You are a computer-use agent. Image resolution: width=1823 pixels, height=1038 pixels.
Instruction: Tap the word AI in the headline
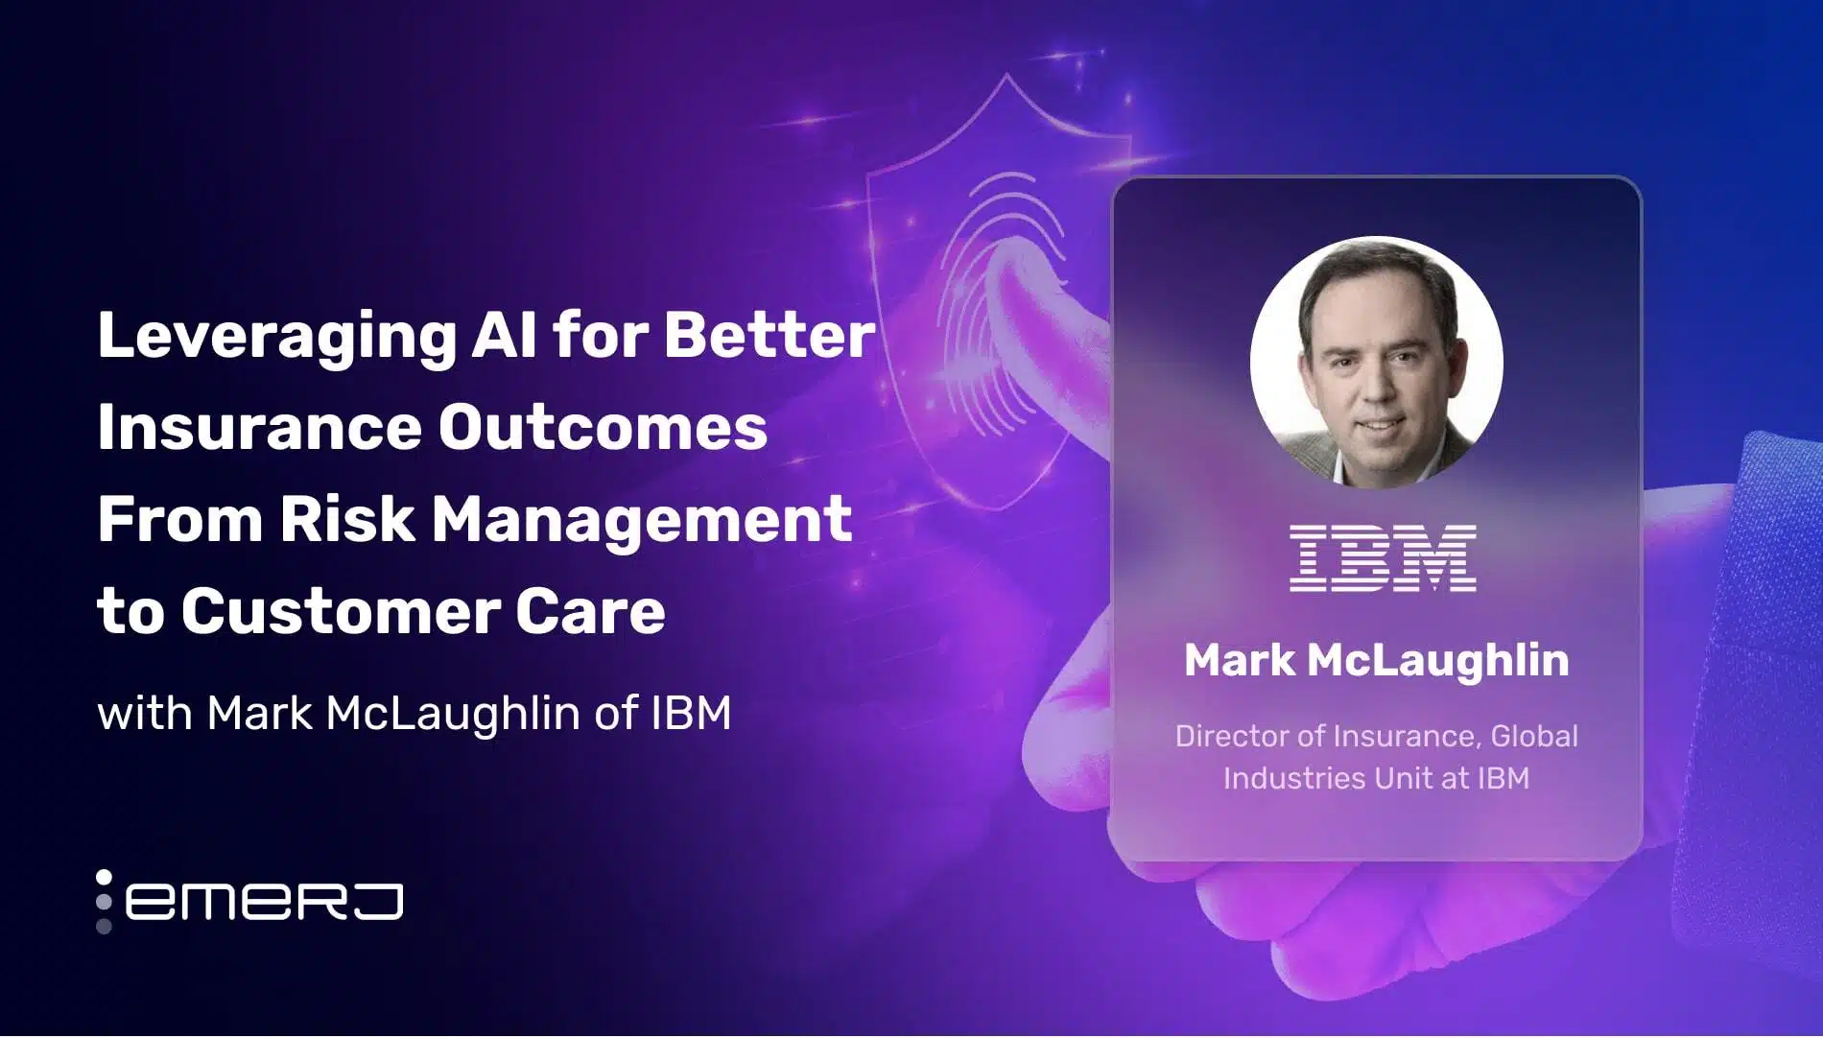[x=504, y=336]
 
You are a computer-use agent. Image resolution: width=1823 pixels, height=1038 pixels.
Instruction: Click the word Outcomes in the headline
[x=603, y=428]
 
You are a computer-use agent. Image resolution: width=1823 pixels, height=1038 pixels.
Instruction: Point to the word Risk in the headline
[x=346, y=520]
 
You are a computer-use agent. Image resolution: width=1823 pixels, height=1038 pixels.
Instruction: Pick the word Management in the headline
[x=641, y=520]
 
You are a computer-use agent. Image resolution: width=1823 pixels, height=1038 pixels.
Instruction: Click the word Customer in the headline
[x=339, y=612]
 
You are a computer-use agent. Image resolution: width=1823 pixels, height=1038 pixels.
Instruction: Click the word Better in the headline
[x=769, y=336]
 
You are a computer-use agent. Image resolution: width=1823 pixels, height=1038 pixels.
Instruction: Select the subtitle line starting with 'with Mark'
[x=414, y=713]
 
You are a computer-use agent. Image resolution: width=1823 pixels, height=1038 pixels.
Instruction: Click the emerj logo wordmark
[x=264, y=902]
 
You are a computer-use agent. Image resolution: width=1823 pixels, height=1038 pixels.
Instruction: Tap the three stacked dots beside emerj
[x=104, y=902]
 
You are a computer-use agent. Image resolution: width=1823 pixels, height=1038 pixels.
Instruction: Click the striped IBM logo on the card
[x=1383, y=557]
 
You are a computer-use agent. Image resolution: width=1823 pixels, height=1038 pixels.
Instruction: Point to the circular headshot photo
[x=1376, y=363]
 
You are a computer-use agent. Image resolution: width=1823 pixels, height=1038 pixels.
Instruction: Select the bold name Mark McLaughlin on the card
[x=1376, y=660]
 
